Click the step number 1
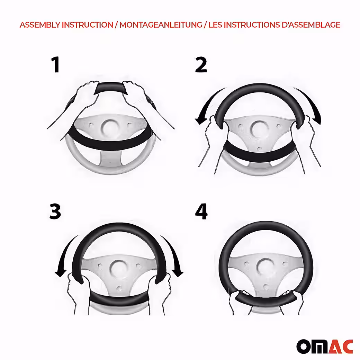tap(56, 65)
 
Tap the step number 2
tap(201, 65)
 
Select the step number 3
tap(55, 211)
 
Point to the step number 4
tap(201, 211)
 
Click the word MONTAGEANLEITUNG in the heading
tap(161, 25)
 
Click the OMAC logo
tap(324, 346)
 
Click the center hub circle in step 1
tap(110, 127)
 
